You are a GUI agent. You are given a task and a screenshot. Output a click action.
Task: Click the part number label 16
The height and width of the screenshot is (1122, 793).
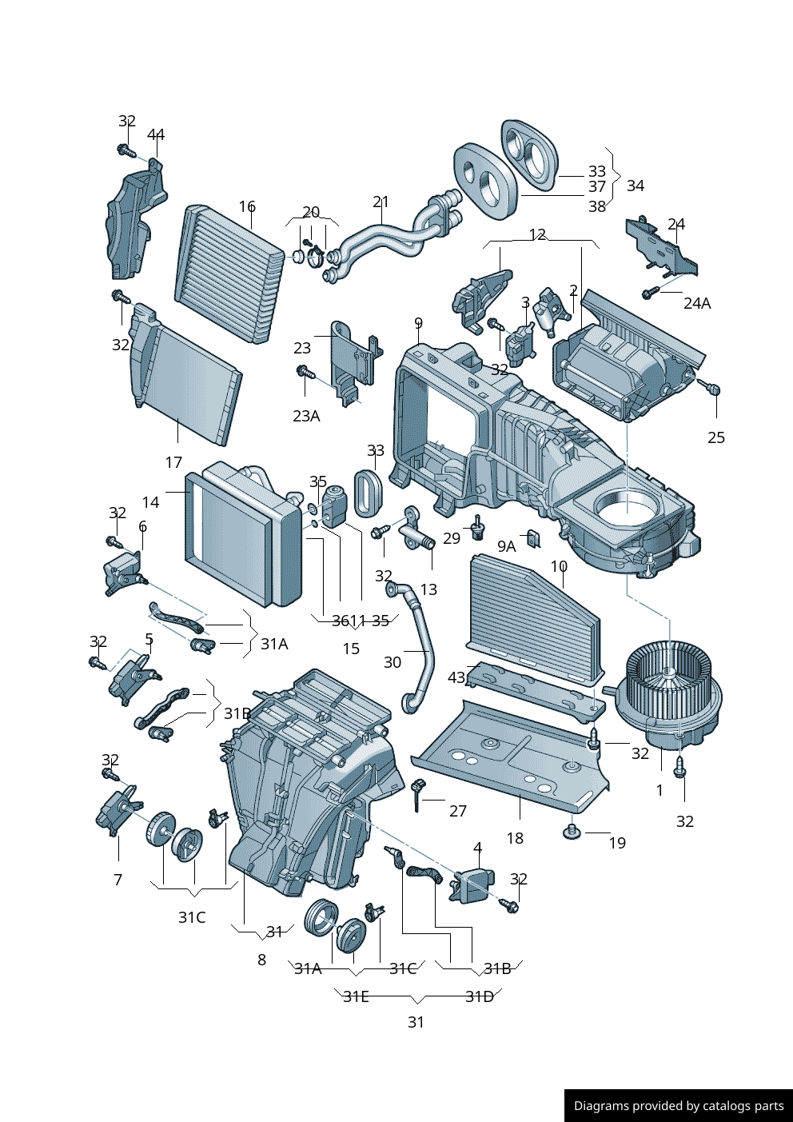click(247, 206)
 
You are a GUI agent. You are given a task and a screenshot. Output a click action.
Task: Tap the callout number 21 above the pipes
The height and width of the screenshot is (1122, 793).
click(381, 202)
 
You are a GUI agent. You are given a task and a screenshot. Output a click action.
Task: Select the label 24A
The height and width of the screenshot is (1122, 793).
click(697, 303)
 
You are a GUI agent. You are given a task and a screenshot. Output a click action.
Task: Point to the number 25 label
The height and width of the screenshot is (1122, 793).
click(716, 437)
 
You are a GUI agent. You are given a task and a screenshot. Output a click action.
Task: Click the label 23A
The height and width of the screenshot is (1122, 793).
click(306, 416)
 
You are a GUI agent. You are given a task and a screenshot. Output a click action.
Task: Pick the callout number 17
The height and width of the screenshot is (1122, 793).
click(173, 462)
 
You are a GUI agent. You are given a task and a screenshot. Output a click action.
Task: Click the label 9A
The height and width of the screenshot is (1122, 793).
click(507, 546)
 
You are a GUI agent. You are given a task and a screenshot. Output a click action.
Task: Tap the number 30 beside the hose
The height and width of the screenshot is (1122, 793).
click(393, 662)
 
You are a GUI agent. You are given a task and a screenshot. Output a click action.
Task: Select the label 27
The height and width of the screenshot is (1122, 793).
click(458, 811)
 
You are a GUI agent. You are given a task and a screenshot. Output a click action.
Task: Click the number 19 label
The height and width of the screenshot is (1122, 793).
click(617, 843)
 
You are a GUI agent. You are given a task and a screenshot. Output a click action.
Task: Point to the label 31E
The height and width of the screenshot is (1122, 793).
click(356, 996)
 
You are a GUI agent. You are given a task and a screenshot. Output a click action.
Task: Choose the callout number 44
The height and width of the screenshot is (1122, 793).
click(156, 134)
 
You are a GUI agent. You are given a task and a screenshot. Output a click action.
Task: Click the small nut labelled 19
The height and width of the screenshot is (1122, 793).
click(571, 833)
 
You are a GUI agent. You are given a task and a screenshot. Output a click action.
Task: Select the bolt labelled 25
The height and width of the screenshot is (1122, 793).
click(713, 389)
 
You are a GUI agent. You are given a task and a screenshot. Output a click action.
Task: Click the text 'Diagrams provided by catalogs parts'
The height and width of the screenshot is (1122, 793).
click(679, 1106)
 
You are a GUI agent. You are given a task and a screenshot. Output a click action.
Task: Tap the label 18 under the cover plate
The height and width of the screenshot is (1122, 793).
click(515, 838)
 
